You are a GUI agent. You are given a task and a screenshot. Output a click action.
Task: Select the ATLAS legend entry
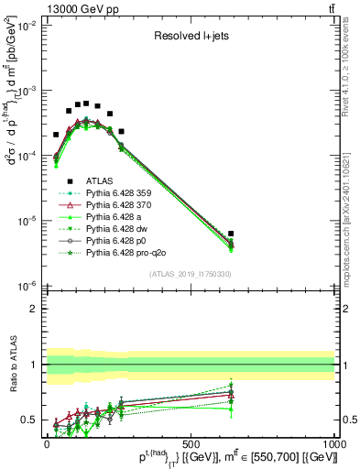click(103, 181)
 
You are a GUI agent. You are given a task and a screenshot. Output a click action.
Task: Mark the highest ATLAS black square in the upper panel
click(86, 104)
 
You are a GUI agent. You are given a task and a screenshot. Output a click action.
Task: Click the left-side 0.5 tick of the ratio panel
click(29, 420)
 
